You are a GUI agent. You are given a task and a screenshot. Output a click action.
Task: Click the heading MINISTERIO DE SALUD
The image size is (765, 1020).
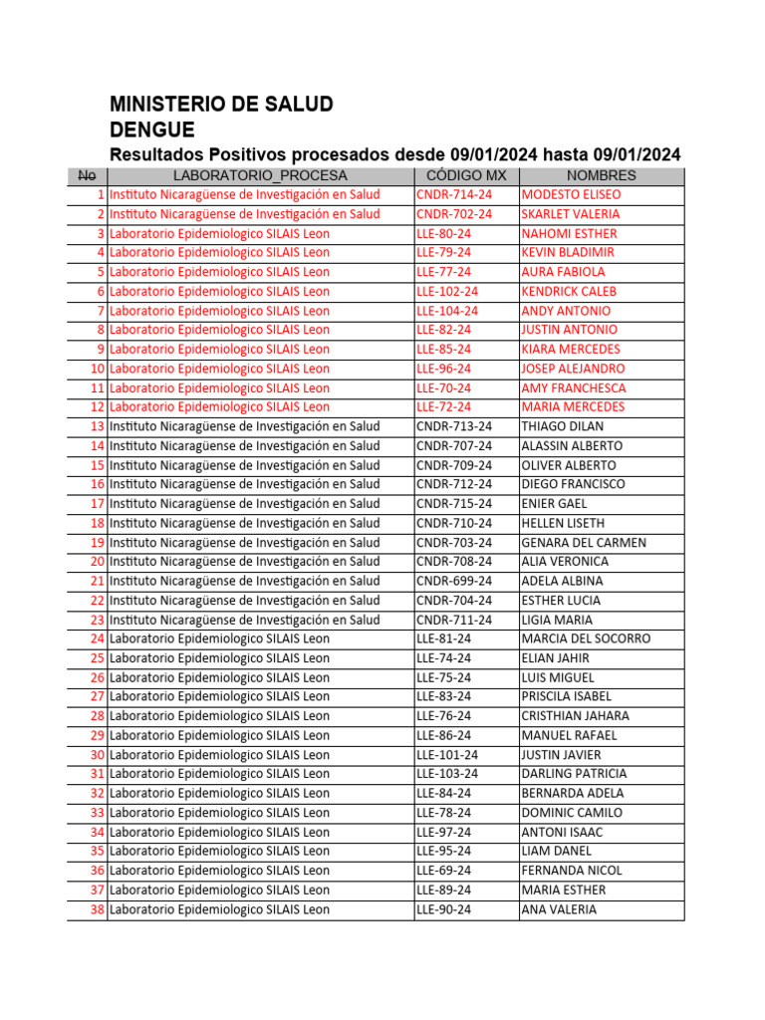point(221,105)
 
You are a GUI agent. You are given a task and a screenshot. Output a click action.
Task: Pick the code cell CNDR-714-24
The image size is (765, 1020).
point(454,194)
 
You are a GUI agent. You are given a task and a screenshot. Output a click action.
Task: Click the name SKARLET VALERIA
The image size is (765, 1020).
point(571,214)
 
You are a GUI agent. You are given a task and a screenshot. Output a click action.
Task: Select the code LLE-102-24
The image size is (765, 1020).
point(447,291)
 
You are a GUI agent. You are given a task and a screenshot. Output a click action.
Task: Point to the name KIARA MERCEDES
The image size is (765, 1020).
point(571,349)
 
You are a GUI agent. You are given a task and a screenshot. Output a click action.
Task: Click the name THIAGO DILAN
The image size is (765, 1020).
point(564,426)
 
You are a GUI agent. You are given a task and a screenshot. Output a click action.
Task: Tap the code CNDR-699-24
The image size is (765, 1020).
point(454,581)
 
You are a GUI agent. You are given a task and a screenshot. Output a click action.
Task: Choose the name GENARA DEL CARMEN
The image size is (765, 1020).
point(584,542)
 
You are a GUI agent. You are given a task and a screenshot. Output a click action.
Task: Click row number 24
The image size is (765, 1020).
point(97,638)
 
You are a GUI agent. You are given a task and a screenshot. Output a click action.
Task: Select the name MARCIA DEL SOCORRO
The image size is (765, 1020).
point(586,638)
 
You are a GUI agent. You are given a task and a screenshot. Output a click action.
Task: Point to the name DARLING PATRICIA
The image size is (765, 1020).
point(575,774)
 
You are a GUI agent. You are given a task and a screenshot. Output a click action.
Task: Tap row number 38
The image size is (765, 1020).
point(97,909)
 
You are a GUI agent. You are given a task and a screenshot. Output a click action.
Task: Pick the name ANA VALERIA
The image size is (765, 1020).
point(560,909)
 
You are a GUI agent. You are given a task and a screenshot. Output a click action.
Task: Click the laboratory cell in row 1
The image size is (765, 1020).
point(245,194)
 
